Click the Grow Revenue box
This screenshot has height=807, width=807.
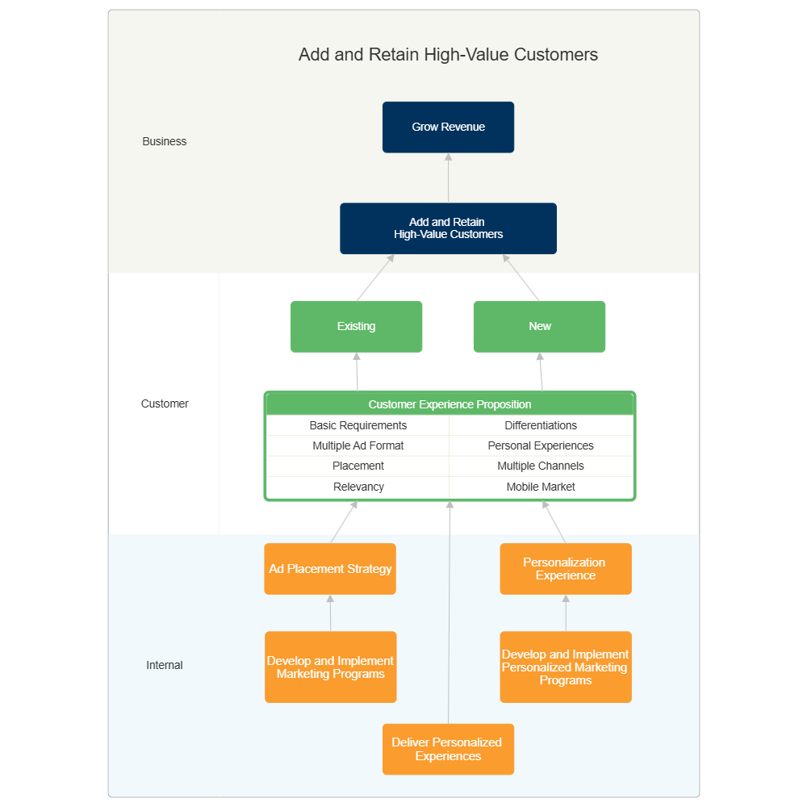pos(448,127)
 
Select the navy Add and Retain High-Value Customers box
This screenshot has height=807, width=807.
pos(448,228)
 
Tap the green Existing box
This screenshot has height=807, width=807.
pos(356,327)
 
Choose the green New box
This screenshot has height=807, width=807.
pos(539,327)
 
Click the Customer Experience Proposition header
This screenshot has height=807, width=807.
pos(449,404)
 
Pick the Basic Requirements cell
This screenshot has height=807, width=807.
pos(358,425)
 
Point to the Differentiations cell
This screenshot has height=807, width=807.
pos(541,425)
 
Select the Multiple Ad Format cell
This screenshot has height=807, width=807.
pos(358,445)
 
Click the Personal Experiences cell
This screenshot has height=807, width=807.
pos(541,445)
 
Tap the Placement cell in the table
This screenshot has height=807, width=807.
pos(358,466)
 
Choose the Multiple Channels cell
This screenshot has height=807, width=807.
pos(541,466)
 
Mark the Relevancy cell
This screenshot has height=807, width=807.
pos(358,487)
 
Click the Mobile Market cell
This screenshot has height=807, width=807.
pos(541,487)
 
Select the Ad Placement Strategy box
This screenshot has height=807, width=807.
pos(330,569)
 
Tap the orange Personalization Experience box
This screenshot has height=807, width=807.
pos(565,569)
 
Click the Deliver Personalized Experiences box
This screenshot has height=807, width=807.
pos(448,749)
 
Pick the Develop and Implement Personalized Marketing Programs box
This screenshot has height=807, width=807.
pos(565,667)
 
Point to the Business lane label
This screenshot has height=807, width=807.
pos(164,141)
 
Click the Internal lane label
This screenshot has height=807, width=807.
pos(164,665)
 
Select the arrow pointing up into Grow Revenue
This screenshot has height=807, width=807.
pos(448,178)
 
